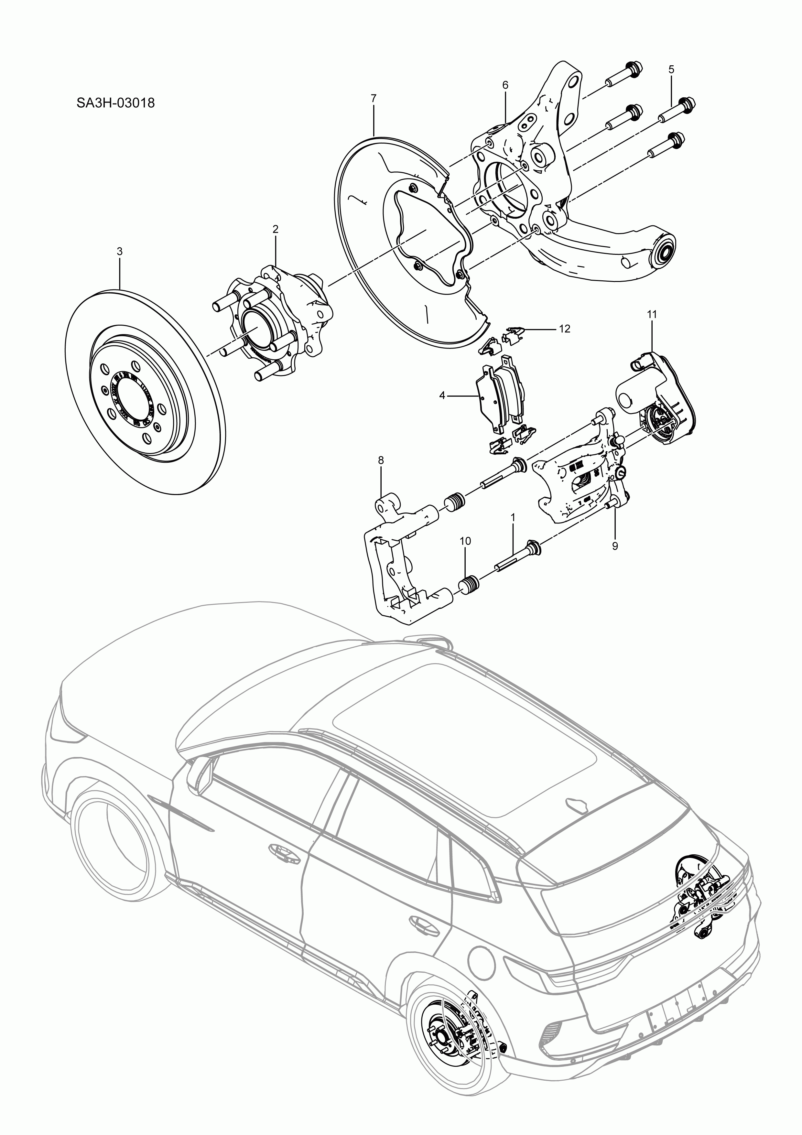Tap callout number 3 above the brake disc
point(119,251)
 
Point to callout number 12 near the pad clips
point(564,329)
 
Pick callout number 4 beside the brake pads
point(442,395)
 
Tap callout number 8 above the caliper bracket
point(381,460)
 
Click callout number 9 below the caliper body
point(615,546)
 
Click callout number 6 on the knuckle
point(505,85)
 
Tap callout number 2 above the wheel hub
point(276,229)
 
